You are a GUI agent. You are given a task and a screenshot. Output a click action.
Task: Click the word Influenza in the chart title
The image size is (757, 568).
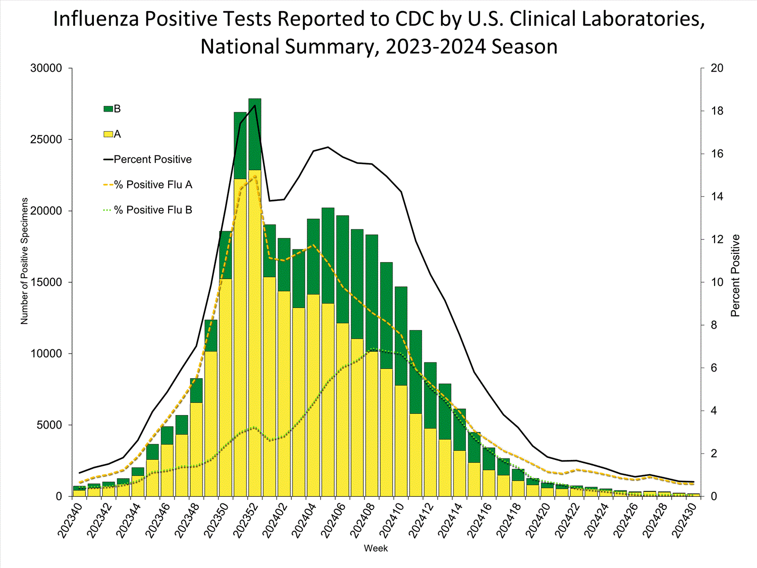point(96,19)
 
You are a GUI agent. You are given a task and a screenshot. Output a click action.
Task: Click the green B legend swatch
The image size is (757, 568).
point(108,109)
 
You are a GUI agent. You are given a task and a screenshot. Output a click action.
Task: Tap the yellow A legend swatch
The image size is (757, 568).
point(108,134)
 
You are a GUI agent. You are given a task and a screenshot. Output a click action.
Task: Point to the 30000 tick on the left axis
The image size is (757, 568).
point(46,68)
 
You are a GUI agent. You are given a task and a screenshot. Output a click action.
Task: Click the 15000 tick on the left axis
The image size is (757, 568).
point(46,282)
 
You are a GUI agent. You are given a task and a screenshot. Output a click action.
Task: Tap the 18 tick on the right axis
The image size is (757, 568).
point(717,111)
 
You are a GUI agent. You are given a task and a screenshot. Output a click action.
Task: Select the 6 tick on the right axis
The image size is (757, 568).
point(714,368)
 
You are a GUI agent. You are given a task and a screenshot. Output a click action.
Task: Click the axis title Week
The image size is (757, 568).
point(376,548)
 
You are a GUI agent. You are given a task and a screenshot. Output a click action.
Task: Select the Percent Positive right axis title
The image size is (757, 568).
point(735,276)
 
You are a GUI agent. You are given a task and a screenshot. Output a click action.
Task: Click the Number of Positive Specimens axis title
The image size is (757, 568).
point(24,261)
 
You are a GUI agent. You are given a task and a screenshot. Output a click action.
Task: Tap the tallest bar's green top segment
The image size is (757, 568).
point(255,134)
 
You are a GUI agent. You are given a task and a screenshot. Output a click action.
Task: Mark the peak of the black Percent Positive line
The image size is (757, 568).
point(255,105)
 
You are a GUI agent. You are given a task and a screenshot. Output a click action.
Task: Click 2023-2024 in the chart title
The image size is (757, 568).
point(436,46)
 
